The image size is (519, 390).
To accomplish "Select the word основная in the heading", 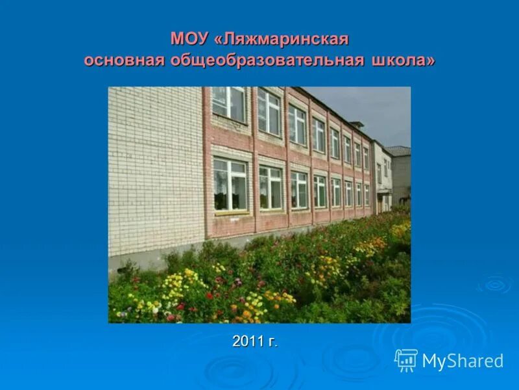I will [x=124, y=60].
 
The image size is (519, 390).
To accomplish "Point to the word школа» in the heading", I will [x=404, y=60].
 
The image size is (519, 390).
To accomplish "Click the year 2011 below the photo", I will [x=247, y=341].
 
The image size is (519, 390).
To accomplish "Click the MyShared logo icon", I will [x=406, y=359].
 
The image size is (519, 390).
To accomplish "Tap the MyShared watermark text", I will [x=463, y=361].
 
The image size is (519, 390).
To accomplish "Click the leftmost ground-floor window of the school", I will [x=230, y=185].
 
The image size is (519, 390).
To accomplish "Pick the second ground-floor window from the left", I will [x=271, y=187].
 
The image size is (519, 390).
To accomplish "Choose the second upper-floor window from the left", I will [x=269, y=112].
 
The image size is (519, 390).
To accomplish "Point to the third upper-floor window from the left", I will [x=298, y=124].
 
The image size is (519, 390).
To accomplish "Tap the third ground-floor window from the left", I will [x=299, y=190].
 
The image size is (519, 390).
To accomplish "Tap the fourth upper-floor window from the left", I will [x=319, y=135].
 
